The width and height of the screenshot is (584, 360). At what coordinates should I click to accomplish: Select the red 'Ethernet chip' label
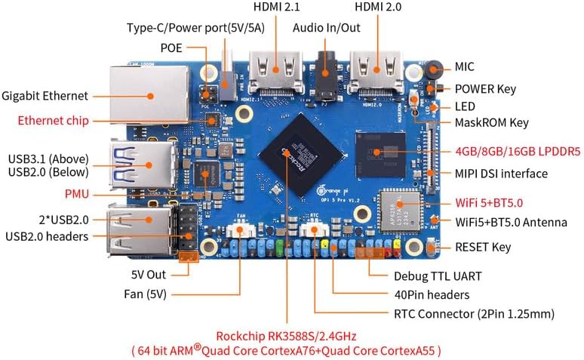[x=53, y=120]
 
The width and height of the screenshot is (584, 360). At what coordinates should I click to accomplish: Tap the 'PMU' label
[x=75, y=194]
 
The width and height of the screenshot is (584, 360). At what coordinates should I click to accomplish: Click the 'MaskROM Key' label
[x=490, y=122]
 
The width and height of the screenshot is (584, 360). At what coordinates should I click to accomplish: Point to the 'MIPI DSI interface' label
[x=500, y=174]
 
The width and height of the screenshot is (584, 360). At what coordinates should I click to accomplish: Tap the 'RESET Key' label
[x=483, y=247]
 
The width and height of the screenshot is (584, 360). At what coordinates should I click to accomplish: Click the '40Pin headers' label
[x=432, y=294]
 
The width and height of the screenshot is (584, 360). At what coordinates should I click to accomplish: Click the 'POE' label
[x=171, y=48]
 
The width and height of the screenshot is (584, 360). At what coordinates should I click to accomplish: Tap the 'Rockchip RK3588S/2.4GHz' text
[x=286, y=336]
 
